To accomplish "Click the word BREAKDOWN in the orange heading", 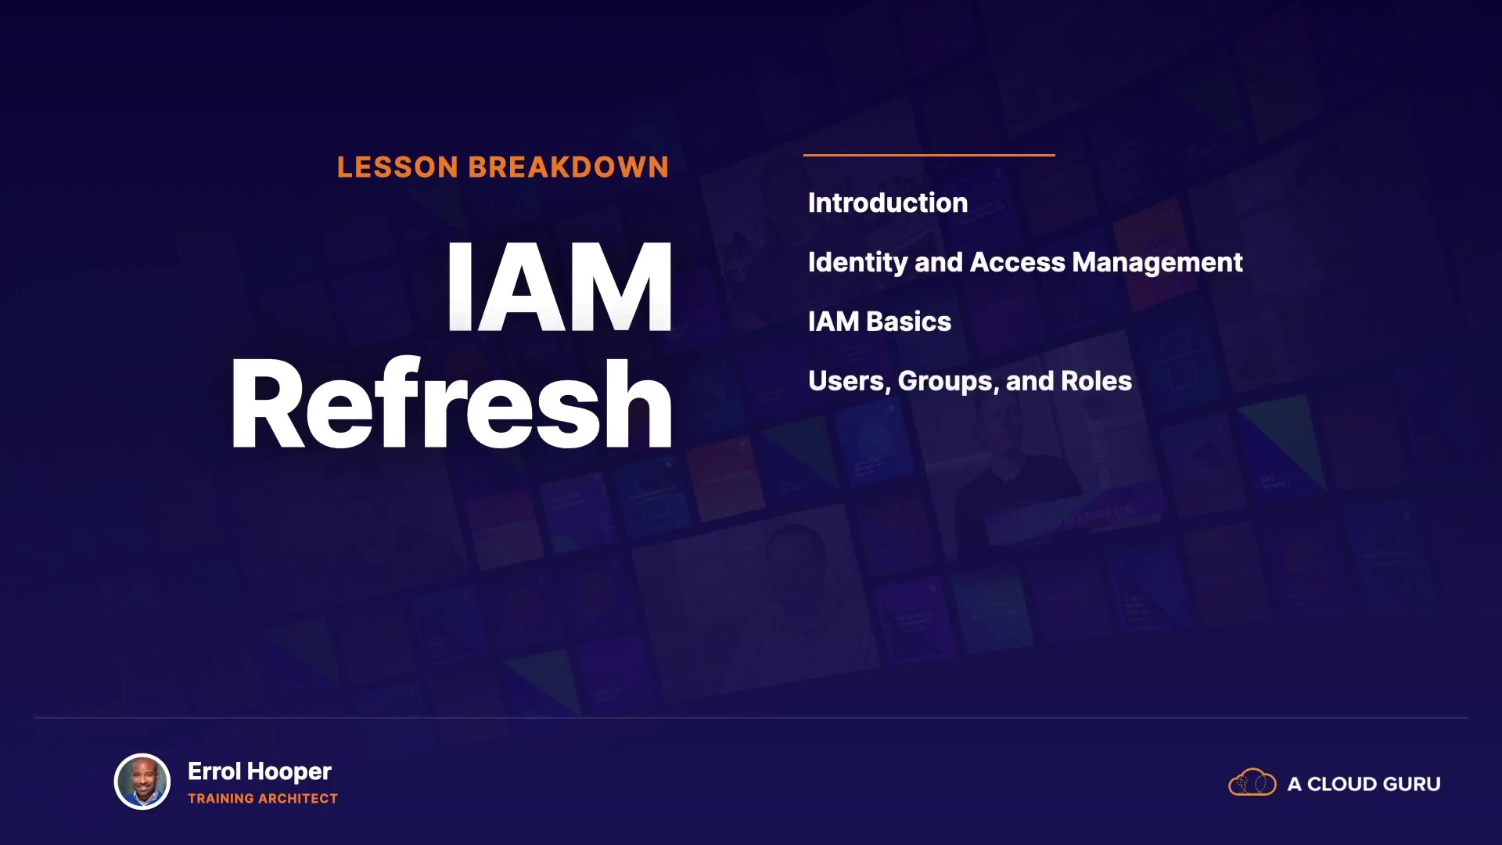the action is [x=569, y=167].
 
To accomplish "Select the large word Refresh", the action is [x=451, y=404].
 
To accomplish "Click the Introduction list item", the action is [x=888, y=203].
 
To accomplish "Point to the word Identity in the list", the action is [x=857, y=263].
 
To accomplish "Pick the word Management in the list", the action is [x=1158, y=263].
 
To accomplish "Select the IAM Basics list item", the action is [x=879, y=322].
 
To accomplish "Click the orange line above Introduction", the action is [x=929, y=155].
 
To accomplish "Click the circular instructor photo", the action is [x=142, y=782].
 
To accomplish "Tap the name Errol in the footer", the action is [x=214, y=771].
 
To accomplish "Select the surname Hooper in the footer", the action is [x=289, y=772].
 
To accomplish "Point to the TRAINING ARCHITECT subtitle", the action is [x=263, y=799].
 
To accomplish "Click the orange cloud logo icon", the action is [x=1252, y=782].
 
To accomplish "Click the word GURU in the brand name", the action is [x=1412, y=784].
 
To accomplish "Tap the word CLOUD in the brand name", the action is [x=1342, y=784].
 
